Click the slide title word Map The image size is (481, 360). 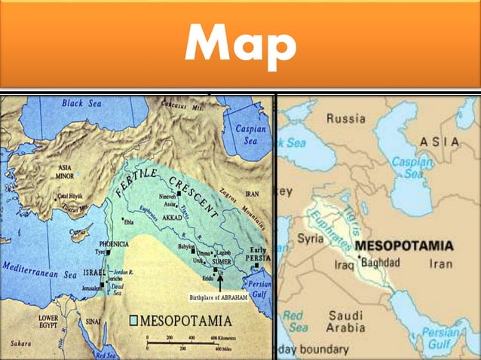240,47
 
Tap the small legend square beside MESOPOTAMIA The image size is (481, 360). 133,319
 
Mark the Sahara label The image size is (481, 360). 20,343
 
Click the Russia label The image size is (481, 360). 345,118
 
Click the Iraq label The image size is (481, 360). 343,265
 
